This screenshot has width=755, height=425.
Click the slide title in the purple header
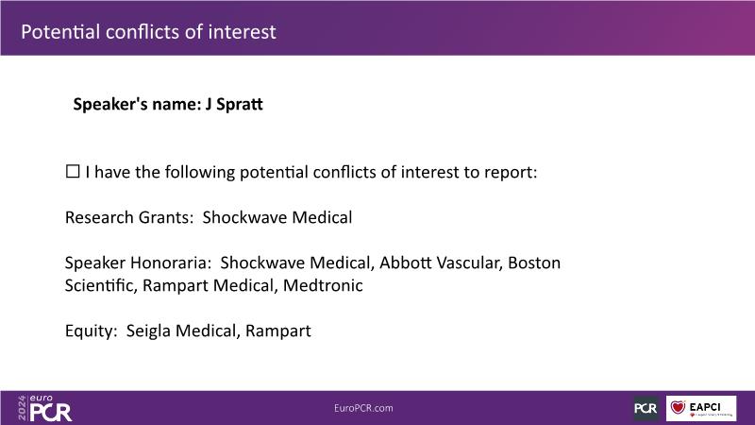(148, 32)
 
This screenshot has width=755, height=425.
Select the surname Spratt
(240, 105)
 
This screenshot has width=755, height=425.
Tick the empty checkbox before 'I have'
(73, 171)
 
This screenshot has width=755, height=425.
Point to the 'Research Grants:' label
(129, 217)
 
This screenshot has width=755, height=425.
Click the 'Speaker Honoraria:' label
(138, 263)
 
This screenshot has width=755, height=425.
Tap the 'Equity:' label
(91, 331)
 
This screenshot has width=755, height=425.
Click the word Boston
(534, 263)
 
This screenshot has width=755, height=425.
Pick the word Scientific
(101, 285)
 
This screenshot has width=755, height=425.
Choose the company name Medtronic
(323, 285)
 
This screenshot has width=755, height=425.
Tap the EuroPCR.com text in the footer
(363, 408)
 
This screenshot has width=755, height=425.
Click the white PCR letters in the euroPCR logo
(51, 413)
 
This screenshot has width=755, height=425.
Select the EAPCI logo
(701, 408)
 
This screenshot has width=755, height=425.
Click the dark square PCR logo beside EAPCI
(646, 408)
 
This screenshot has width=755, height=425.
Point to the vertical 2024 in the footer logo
(22, 408)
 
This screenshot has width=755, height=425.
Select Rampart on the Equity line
(277, 331)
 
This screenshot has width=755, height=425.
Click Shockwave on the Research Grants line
(244, 217)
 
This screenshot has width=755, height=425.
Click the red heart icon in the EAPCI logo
(678, 407)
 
